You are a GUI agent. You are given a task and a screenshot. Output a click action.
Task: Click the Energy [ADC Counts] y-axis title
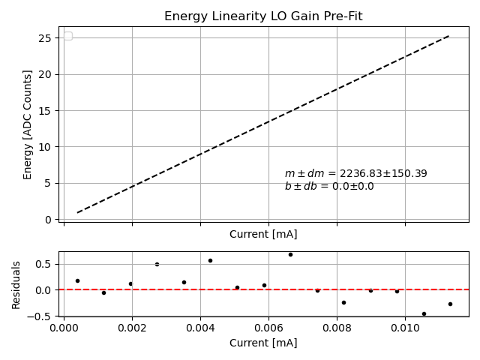point(28,124)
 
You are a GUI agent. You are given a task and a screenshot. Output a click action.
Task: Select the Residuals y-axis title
point(16,284)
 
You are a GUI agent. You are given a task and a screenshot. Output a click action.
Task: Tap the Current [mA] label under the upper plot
point(263,234)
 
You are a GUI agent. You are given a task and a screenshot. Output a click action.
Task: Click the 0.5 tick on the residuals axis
point(44,264)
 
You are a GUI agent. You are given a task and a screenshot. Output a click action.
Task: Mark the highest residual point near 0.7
point(290,254)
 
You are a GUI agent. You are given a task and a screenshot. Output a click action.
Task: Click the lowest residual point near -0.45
point(424,313)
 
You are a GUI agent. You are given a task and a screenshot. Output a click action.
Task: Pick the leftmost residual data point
point(77,280)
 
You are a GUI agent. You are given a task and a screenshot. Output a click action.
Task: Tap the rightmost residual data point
point(450,304)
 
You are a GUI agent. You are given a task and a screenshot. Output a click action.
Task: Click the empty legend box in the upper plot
point(68,36)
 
